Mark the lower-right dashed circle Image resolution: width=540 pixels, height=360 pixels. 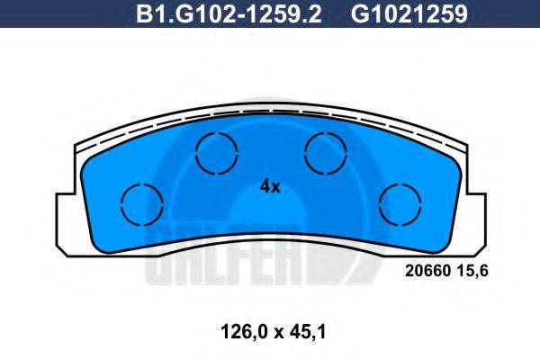pyautogui.click(x=400, y=203)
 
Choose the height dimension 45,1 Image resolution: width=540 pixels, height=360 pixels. pyautogui.click(x=308, y=330)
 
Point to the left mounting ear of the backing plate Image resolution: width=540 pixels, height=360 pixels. pyautogui.click(x=65, y=220)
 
